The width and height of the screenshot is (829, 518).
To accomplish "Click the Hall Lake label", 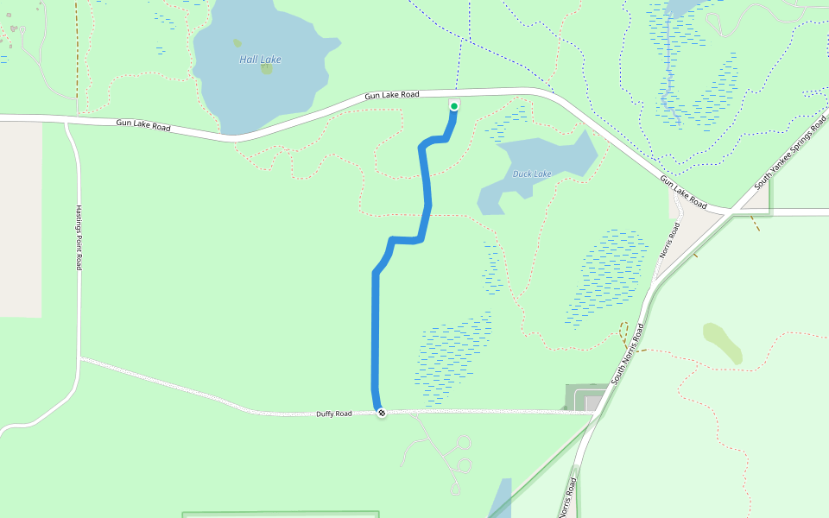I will (x=260, y=60).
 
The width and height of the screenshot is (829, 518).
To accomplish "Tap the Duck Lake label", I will (x=532, y=174).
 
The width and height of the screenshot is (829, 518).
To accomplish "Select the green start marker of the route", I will (x=454, y=106).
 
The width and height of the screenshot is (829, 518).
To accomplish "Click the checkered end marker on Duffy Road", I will (x=382, y=414).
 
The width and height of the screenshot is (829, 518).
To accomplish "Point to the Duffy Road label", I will (x=333, y=414).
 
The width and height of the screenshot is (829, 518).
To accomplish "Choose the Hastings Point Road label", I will (x=78, y=237).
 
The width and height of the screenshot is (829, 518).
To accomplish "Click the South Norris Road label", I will (x=628, y=354).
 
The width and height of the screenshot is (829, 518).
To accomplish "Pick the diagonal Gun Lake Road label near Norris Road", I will (x=684, y=193).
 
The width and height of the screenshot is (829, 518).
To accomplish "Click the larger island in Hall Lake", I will (x=266, y=69).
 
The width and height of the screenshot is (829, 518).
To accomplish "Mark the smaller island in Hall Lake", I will (x=237, y=42).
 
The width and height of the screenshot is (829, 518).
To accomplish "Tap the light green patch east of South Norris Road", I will (x=723, y=343).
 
